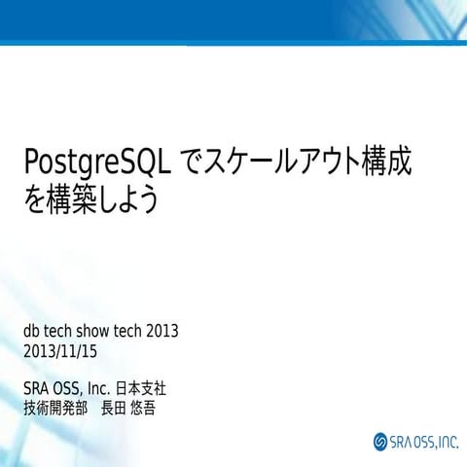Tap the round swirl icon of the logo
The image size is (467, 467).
coord(380,443)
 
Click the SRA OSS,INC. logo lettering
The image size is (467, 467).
coord(422,443)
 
